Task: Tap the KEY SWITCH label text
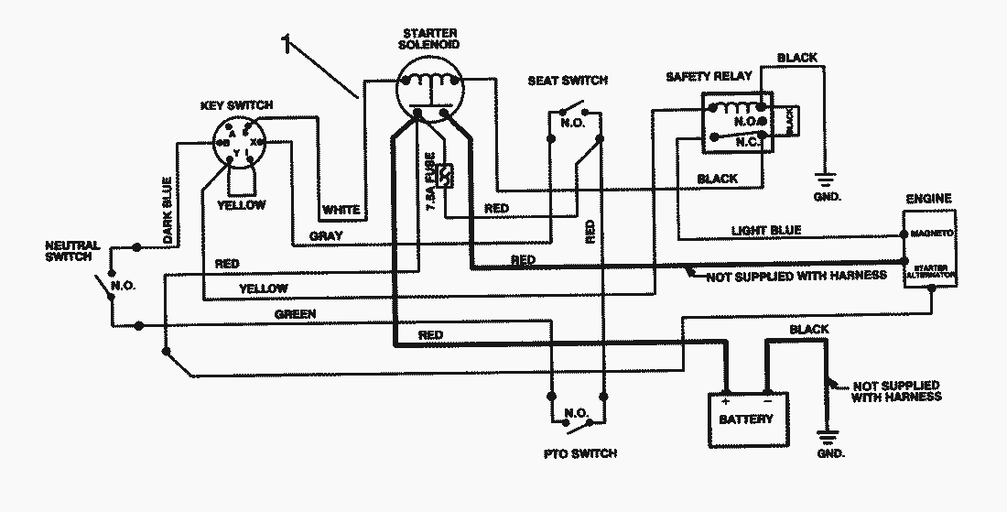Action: [235, 105]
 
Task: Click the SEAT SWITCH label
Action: [568, 81]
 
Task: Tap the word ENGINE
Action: [928, 198]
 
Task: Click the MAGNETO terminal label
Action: [932, 234]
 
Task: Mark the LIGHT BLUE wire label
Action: [766, 230]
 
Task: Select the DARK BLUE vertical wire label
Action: [168, 223]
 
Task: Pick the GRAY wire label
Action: [326, 236]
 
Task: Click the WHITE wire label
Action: [341, 211]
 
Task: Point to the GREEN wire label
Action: [295, 314]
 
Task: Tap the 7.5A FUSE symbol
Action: [448, 175]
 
